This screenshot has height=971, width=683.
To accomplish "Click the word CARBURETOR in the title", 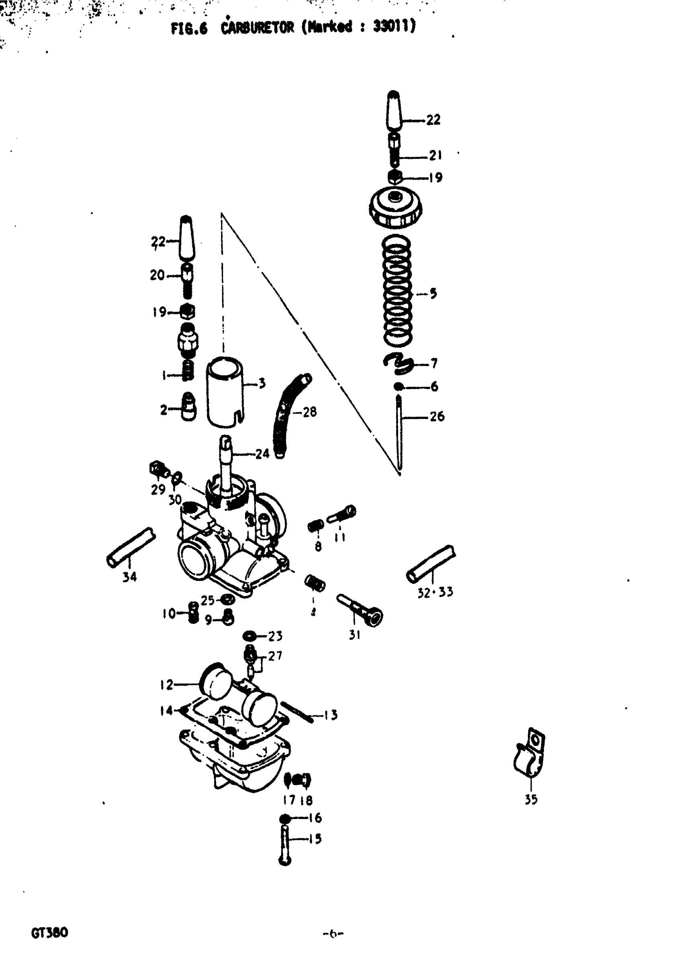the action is click(257, 28).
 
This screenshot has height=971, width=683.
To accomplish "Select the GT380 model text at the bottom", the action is click(49, 932).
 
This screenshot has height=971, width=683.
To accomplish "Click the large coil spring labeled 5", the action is click(397, 292).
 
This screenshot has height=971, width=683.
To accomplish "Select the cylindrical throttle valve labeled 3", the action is click(225, 392).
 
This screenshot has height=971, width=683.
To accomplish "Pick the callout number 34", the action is click(129, 577).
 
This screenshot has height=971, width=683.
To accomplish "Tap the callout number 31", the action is click(354, 635).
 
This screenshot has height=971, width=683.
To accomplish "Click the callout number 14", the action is click(166, 711).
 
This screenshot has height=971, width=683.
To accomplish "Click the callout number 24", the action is click(262, 454).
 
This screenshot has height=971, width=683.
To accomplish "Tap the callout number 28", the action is click(310, 411).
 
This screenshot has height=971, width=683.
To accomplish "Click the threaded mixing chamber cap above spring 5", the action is click(395, 207).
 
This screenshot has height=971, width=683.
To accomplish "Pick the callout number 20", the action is click(157, 275).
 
